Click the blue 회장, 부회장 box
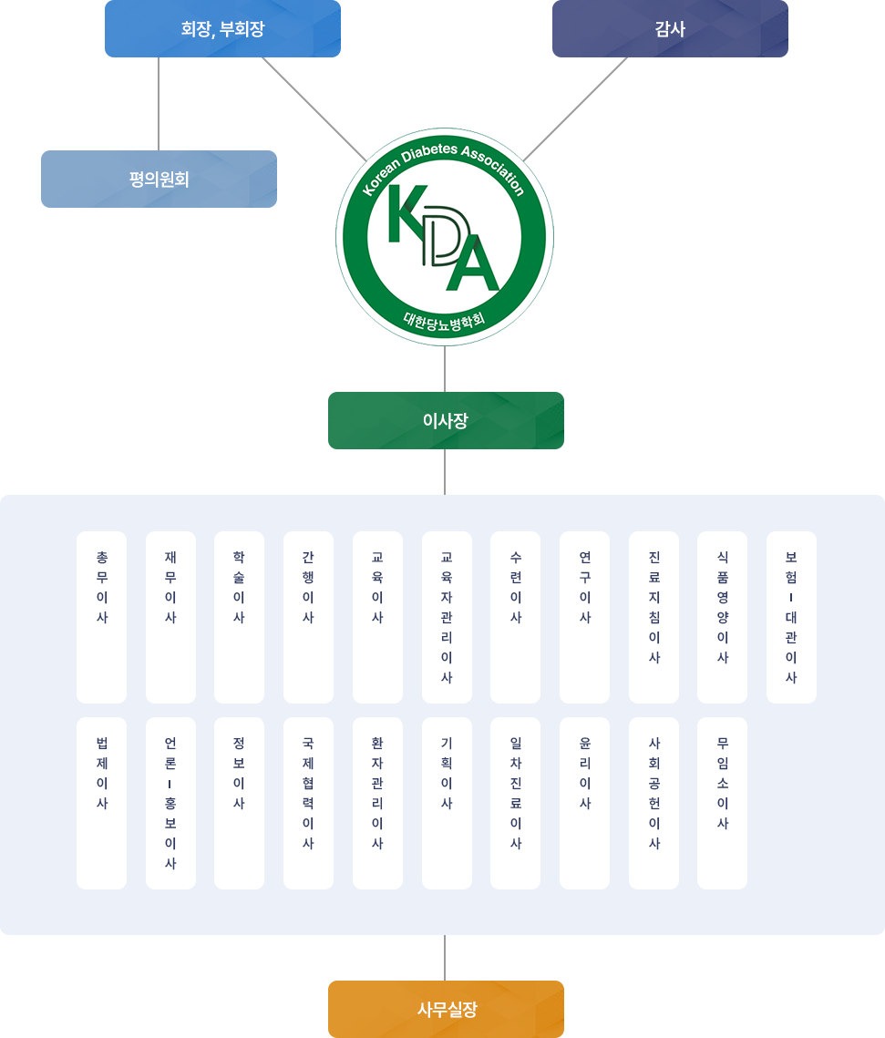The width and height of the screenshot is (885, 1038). coord(222,29)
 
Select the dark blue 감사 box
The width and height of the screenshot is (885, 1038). coord(670,29)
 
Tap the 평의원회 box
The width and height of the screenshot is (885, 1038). coord(159,179)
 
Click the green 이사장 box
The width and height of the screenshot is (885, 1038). coord(446,420)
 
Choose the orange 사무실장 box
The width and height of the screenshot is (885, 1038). coord(446,1008)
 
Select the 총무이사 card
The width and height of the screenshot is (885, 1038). coord(101,617)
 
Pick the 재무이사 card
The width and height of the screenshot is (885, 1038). coord(170,617)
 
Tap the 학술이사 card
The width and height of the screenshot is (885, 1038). coord(239,617)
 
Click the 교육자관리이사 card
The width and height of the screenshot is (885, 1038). coord(447,617)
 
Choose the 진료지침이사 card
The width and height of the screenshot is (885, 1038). coord(653,617)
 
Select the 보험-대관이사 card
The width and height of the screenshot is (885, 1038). coord(791,617)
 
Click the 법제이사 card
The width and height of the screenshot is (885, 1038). coord(101,803)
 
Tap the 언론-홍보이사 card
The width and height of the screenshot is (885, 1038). coord(170,803)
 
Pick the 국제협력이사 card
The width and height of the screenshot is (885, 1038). coord(308,803)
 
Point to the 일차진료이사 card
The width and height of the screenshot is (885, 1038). coord(515,803)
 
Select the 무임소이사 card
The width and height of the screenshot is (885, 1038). coord(722,803)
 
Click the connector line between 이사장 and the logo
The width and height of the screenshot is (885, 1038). coord(445,368)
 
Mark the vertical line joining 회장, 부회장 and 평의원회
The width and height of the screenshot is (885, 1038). coord(159,103)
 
